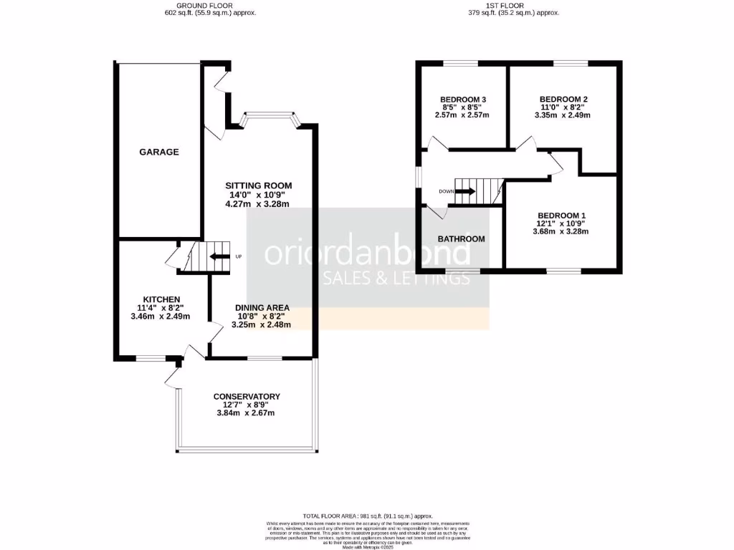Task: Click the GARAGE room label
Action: pyautogui.click(x=159, y=152)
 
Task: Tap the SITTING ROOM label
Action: pyautogui.click(x=258, y=185)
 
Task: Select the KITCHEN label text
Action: pyautogui.click(x=161, y=299)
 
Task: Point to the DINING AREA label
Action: pyautogui.click(x=262, y=307)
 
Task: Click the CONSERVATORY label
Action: pyautogui.click(x=247, y=396)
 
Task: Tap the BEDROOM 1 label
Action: pyautogui.click(x=563, y=216)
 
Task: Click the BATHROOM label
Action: pyautogui.click(x=462, y=238)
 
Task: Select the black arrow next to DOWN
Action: pyautogui.click(x=465, y=191)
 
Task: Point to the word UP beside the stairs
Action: pyautogui.click(x=239, y=257)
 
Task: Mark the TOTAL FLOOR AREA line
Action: pyautogui.click(x=368, y=516)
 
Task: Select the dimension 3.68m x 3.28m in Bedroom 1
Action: pyautogui.click(x=563, y=231)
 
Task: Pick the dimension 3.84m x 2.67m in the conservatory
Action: pyautogui.click(x=247, y=412)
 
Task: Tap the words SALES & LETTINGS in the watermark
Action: pyautogui.click(x=395, y=278)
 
